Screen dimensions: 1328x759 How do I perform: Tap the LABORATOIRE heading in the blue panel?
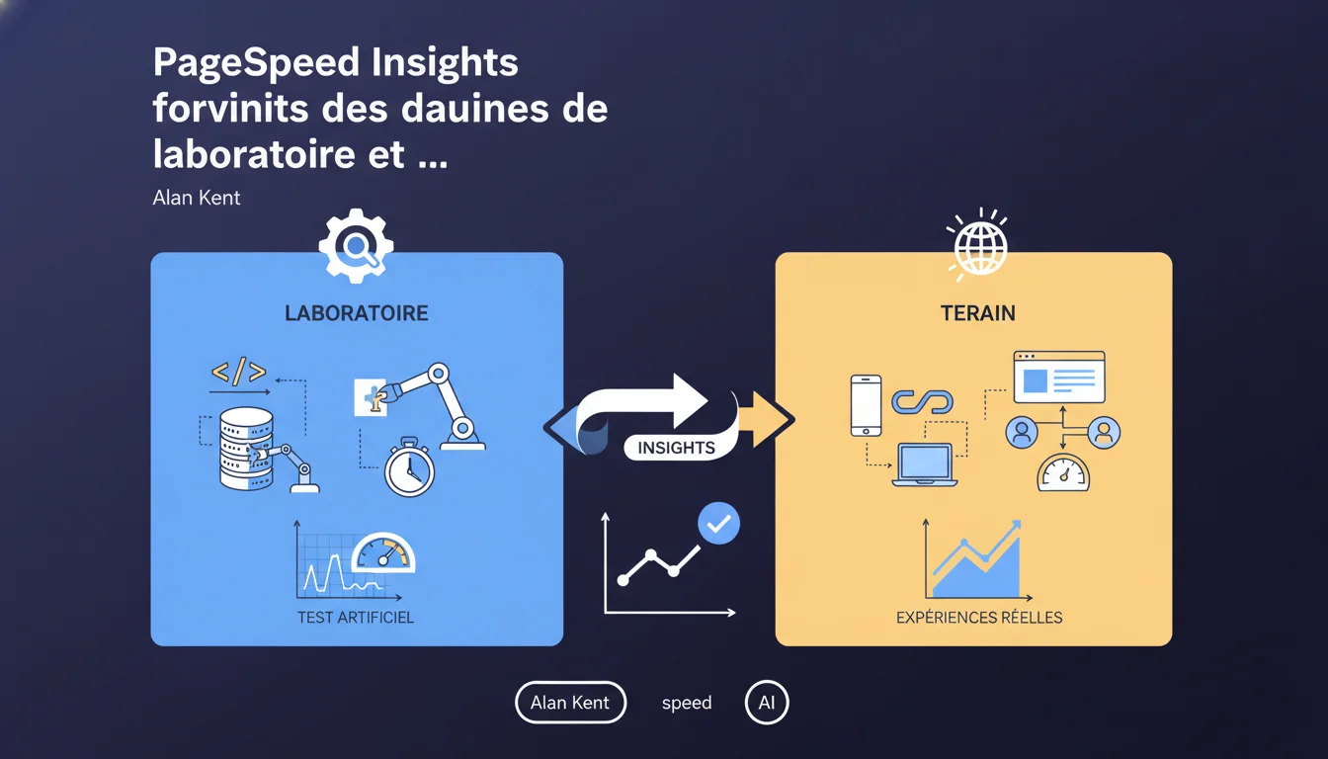pos(357,313)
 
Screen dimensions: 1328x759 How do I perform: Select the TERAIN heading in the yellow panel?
pos(978,313)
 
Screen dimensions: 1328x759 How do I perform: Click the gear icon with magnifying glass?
pos(356,245)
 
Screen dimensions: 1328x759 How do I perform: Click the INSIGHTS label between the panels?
pos(677,448)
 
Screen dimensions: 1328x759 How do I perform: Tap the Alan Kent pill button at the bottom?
pos(570,703)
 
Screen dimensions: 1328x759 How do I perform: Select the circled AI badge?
pos(767,703)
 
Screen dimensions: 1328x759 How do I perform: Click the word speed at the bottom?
pos(687,704)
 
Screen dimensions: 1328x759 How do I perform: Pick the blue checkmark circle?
pos(718,524)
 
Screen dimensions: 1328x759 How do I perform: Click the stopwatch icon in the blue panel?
pos(410,467)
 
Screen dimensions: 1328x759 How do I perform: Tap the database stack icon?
pos(246,449)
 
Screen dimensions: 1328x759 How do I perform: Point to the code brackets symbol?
pos(238,372)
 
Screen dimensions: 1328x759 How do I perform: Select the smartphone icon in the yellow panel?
pos(866,405)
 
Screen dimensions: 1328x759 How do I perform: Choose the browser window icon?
pos(1059,378)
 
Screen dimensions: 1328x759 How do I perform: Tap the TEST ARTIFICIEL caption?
pos(356,618)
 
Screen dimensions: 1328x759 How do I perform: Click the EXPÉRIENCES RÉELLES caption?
pos(979,618)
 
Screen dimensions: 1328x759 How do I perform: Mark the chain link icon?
pos(923,402)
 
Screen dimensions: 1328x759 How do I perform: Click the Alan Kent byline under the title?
pos(197,198)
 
